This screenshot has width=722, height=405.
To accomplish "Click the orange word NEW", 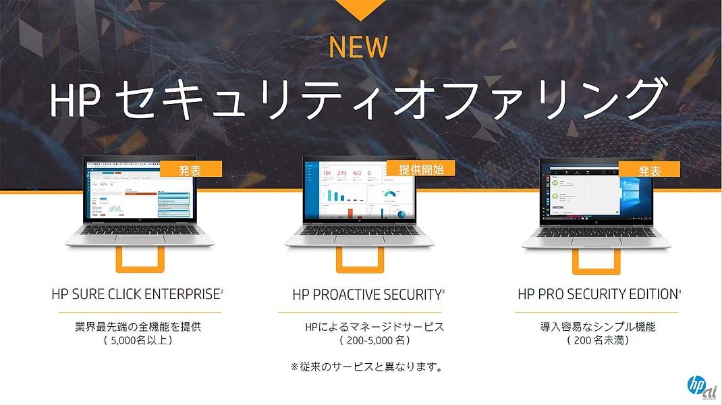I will click(358, 47).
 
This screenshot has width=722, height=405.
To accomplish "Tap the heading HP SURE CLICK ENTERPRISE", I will click(136, 294).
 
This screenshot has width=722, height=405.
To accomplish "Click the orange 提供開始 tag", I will click(420, 169).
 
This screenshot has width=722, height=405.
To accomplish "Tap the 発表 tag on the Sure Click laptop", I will click(190, 169).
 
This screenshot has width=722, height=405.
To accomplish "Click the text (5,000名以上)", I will click(138, 341).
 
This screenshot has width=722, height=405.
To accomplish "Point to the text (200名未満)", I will click(598, 341).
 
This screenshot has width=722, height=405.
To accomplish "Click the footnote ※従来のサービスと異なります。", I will click(367, 367).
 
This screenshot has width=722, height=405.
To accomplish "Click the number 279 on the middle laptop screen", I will click(342, 173).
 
